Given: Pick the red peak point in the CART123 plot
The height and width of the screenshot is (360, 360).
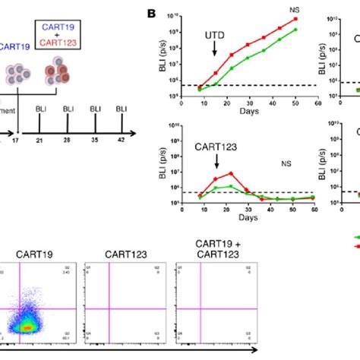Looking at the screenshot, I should coord(231,174).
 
